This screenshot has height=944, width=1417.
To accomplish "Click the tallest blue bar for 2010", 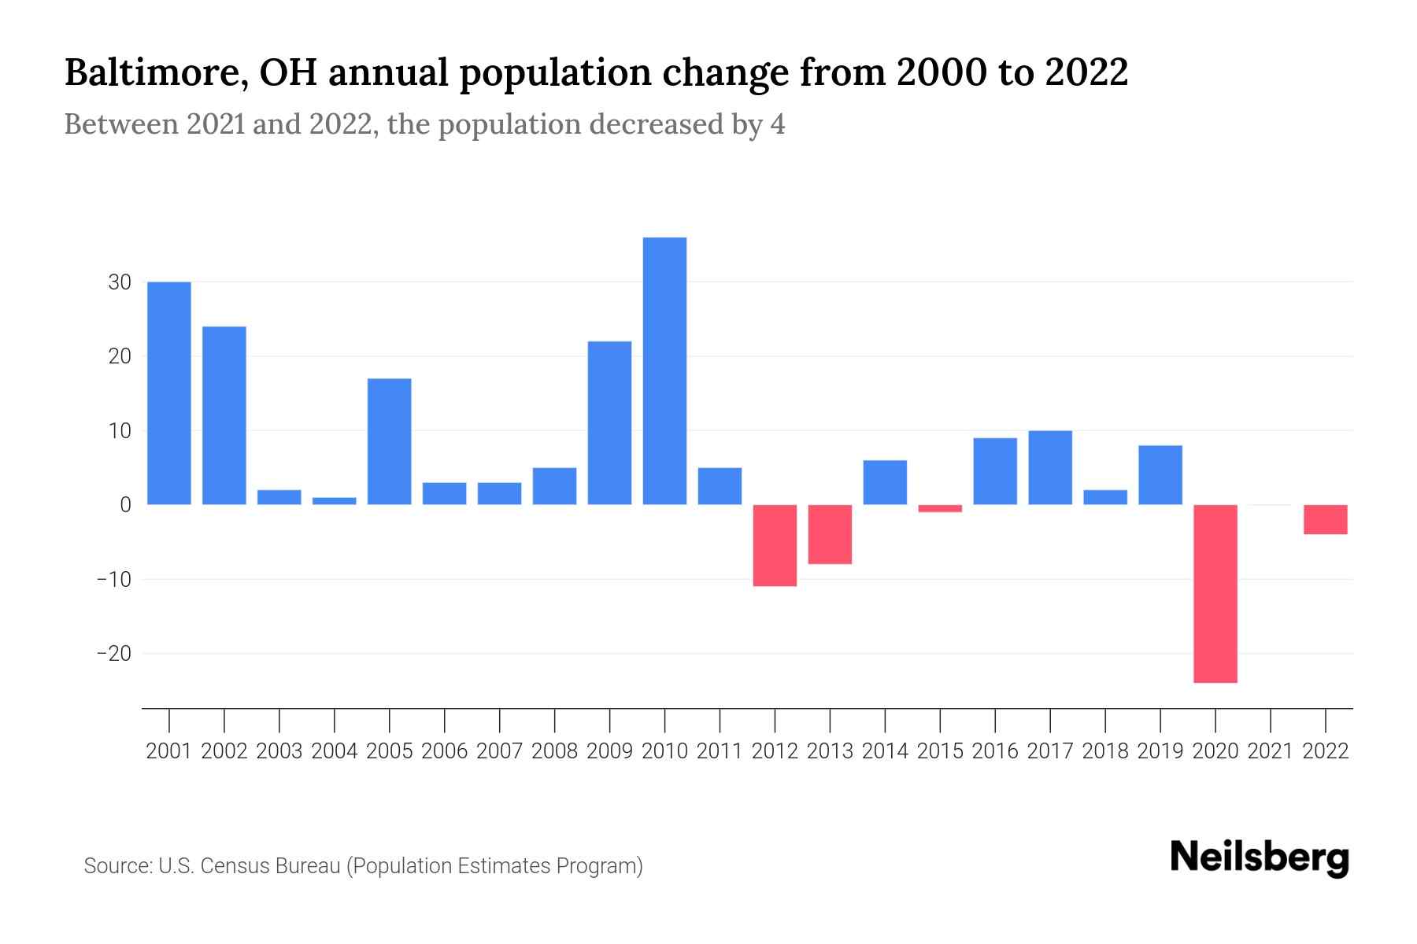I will (x=664, y=371).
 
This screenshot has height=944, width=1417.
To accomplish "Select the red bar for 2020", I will (x=1215, y=593).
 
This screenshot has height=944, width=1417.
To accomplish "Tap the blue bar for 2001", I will (x=169, y=393).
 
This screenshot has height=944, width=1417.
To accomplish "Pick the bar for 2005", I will (x=390, y=441).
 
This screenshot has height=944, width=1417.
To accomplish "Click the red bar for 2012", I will (x=775, y=545).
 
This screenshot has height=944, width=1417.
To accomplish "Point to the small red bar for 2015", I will (x=940, y=508).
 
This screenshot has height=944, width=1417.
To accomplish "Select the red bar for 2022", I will (x=1326, y=519).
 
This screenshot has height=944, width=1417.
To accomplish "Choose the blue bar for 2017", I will (x=1050, y=467).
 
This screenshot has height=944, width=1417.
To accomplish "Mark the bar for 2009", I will (x=609, y=422).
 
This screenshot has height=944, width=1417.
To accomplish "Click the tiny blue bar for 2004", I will (x=335, y=500).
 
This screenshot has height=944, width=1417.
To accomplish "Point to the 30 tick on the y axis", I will (x=120, y=282).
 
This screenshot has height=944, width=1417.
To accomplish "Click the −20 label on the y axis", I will (x=114, y=654).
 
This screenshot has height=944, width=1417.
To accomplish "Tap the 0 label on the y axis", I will (x=125, y=505).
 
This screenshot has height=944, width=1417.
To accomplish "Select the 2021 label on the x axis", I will (x=1271, y=751).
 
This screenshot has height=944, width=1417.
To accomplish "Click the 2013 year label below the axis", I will (x=830, y=751).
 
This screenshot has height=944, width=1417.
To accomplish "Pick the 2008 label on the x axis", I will (x=554, y=751).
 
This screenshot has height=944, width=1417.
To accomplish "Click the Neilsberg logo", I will (x=1260, y=857).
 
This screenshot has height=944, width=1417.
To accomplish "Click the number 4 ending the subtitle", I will (x=777, y=124).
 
